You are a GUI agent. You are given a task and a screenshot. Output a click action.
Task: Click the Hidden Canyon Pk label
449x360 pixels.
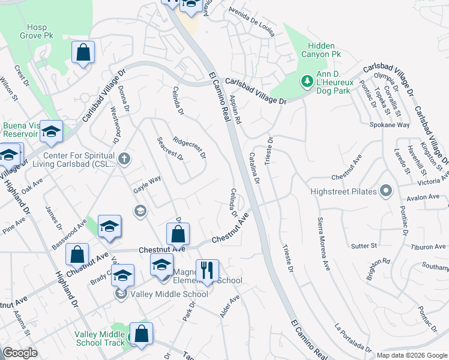tap(324, 50)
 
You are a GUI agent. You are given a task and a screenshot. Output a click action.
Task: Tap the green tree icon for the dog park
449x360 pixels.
tap(307, 80)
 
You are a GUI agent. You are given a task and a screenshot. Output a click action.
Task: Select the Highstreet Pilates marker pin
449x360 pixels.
tap(385, 191)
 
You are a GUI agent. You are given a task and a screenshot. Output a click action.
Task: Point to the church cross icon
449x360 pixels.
tap(124, 159)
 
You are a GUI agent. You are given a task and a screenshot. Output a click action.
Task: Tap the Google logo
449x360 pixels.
tap(20, 353)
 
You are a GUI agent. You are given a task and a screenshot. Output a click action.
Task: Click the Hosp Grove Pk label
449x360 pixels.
tap(40, 31)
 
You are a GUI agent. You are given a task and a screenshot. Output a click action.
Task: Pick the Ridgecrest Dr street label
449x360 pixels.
tap(189, 147)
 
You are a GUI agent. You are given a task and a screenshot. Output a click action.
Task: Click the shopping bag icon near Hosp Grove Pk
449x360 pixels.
tap(83, 52)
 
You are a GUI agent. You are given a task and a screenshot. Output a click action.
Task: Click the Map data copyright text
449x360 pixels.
tap(411, 355)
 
